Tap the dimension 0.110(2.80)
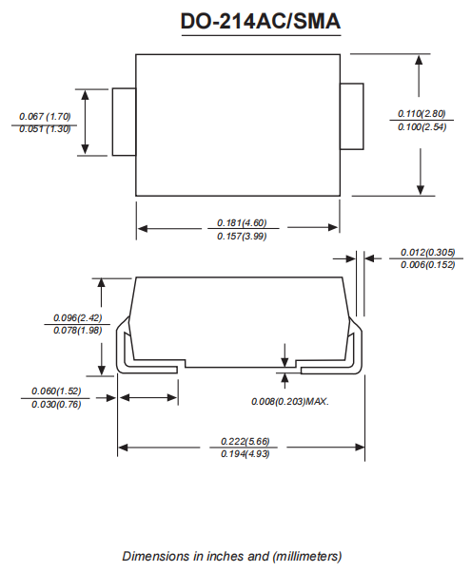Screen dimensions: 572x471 point(422,114)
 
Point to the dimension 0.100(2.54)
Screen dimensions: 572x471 point(422,127)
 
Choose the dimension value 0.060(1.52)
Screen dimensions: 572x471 point(56,391)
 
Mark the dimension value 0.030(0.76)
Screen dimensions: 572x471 point(56,404)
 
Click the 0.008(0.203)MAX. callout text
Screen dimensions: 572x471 point(289,402)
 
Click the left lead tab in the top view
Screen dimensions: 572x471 point(124,122)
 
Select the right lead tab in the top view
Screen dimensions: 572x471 point(352,116)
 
